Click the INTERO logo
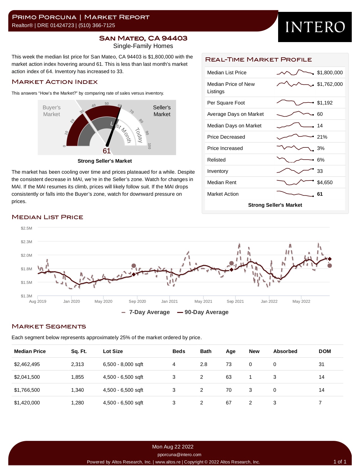(315, 27)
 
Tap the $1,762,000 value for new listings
(330, 84)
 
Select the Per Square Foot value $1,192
(325, 103)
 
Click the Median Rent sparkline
(295, 182)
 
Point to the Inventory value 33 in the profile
(320, 171)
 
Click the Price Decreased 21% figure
(322, 137)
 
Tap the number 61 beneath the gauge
(106, 151)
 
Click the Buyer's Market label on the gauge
(51, 111)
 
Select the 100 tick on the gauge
(149, 146)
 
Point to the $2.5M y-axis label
(26, 228)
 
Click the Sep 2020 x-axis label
(137, 301)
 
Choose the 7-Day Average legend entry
(146, 312)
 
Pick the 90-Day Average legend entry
(203, 312)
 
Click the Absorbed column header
(285, 351)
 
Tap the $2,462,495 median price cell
(27, 364)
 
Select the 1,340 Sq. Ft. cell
(77, 390)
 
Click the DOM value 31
(321, 364)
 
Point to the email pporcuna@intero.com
(179, 454)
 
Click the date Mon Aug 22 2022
(173, 447)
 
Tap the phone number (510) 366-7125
(97, 25)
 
